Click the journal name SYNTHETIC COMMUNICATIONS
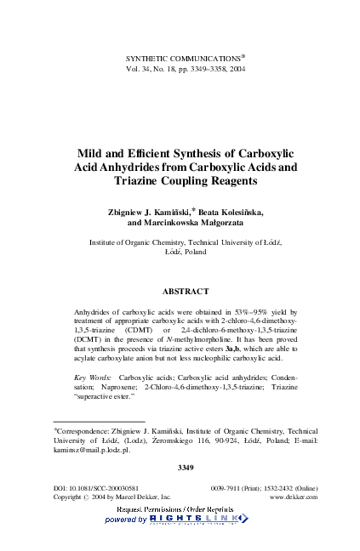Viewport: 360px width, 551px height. [178, 58]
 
